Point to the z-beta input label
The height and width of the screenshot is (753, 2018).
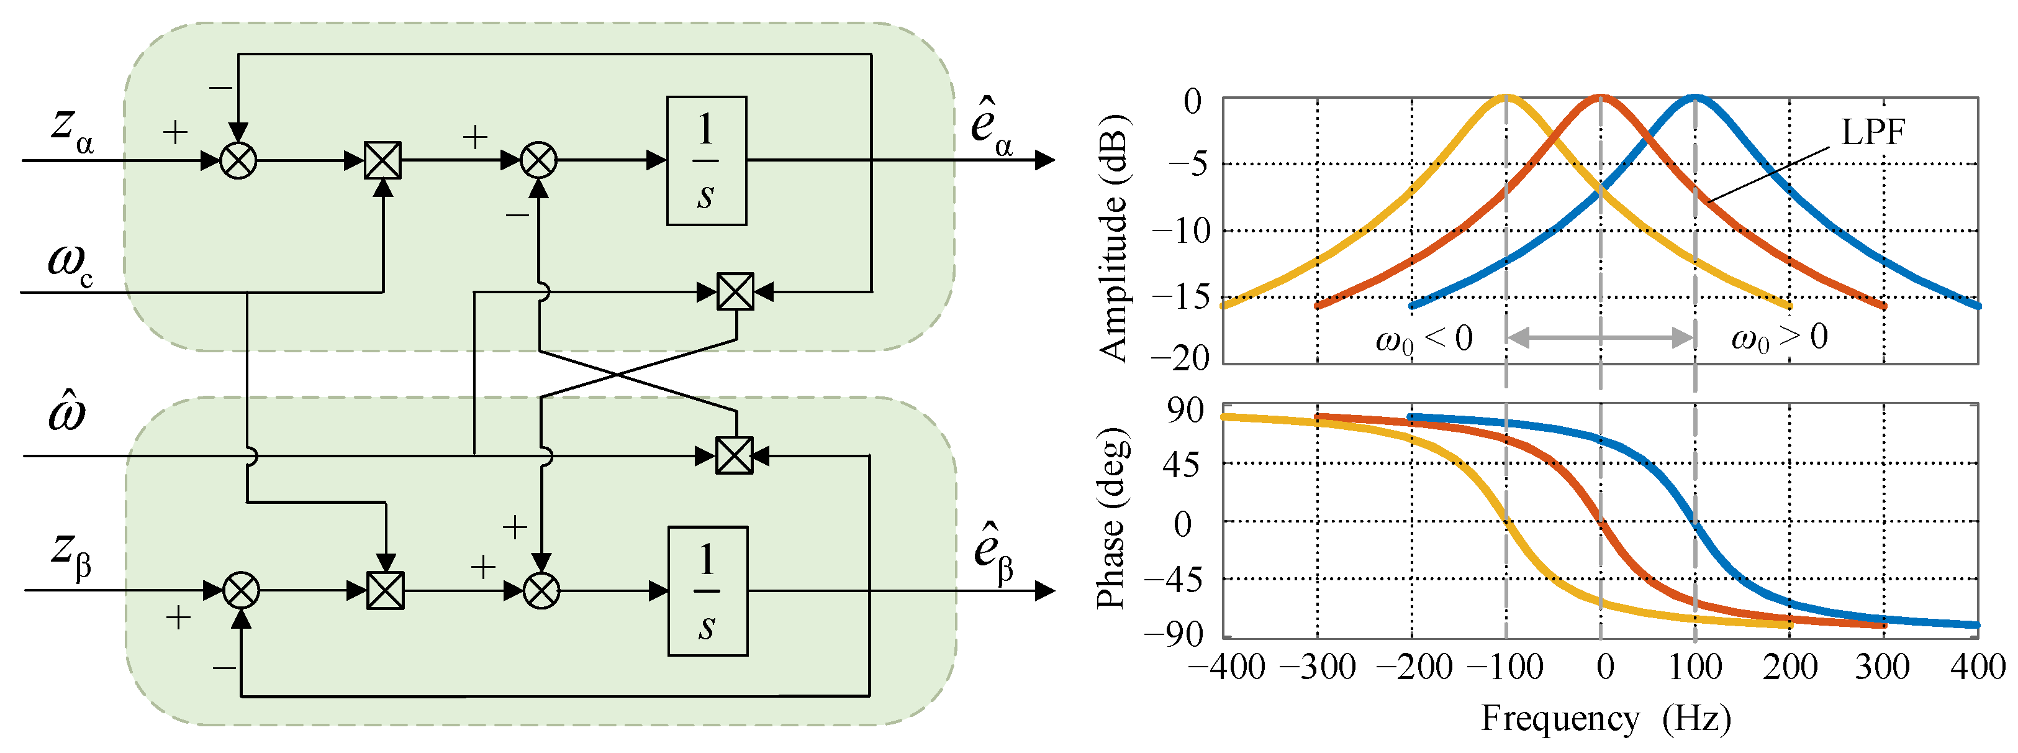coord(71,555)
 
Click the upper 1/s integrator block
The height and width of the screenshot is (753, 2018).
coord(706,161)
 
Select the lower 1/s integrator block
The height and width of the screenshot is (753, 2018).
coord(707,591)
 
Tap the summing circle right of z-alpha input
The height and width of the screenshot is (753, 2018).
coord(238,161)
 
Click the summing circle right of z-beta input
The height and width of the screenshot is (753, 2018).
coord(242,591)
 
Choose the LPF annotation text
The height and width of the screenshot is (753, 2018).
coord(1872,132)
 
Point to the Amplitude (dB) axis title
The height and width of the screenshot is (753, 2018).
coord(1114,237)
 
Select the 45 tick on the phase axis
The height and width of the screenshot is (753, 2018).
coord(1180,466)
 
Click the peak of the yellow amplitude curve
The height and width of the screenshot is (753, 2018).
coord(1506,97)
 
